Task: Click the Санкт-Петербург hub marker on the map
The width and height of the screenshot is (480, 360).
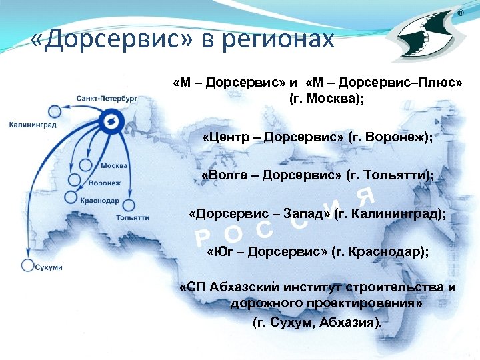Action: [109, 121]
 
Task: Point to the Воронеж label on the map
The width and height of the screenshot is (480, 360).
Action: [105, 183]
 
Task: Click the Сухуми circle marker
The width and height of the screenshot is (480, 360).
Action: [27, 265]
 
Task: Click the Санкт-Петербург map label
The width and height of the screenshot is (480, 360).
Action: [107, 98]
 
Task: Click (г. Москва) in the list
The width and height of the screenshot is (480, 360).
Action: [327, 99]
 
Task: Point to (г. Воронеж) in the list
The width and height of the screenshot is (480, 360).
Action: [390, 137]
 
